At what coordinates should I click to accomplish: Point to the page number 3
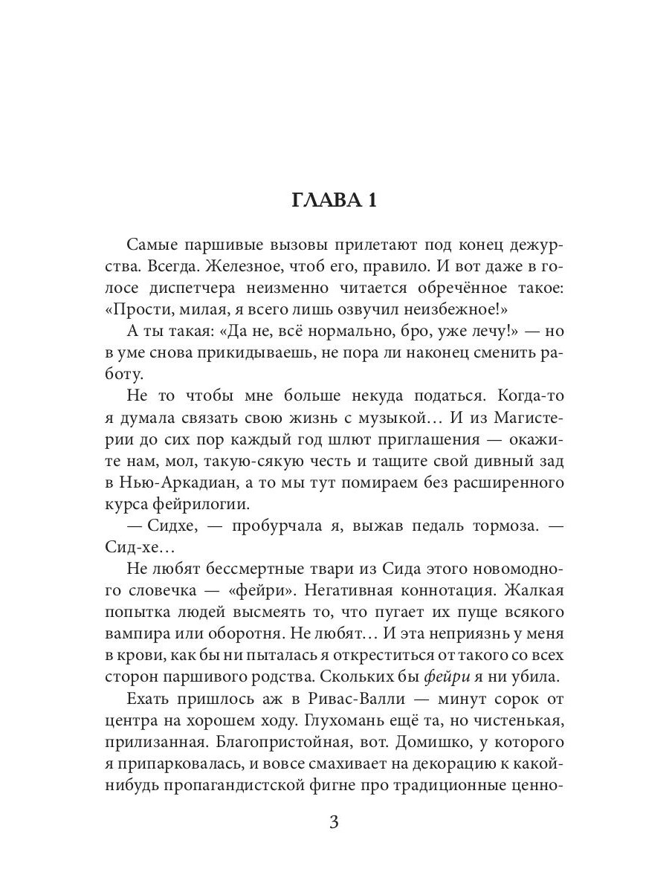pos(334,823)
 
